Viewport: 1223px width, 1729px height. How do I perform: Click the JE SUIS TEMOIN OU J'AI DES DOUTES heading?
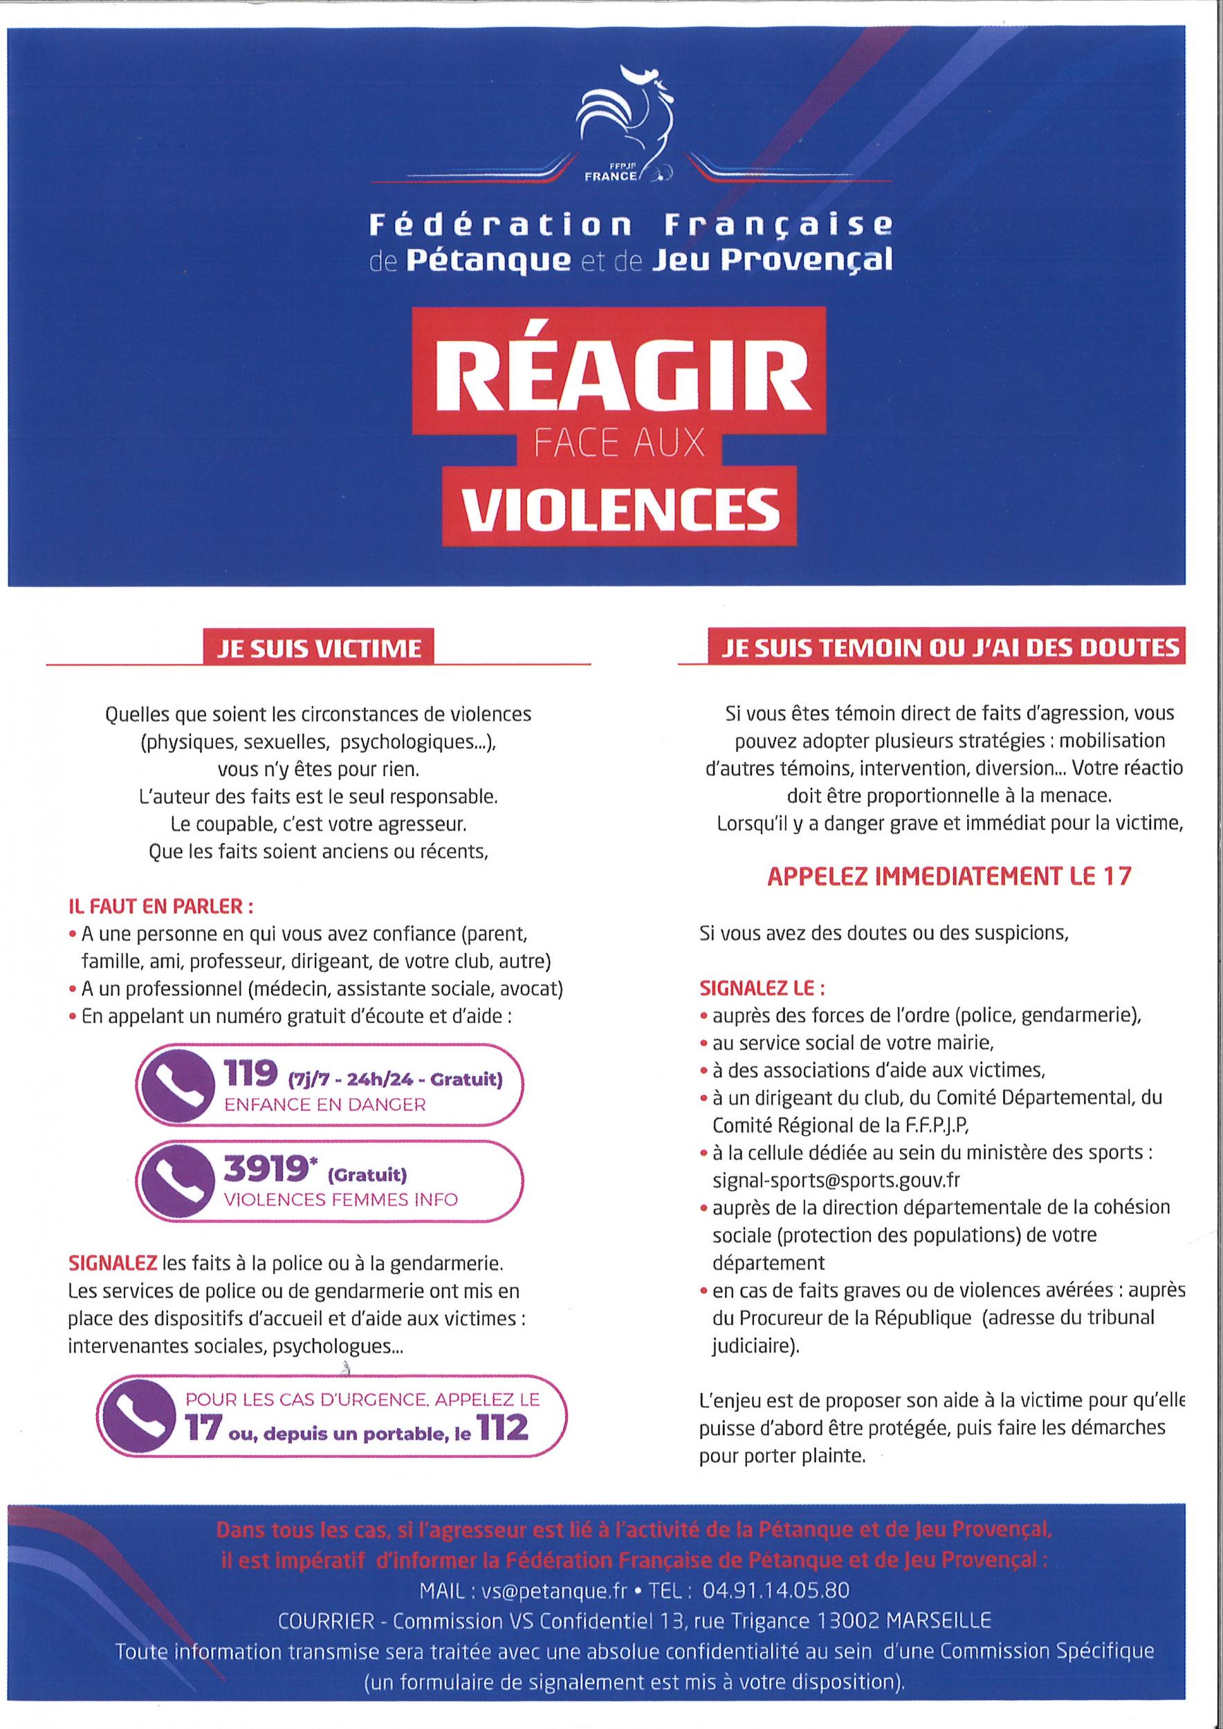point(949,647)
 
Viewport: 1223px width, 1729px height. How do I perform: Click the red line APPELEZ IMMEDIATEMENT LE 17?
point(948,876)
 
